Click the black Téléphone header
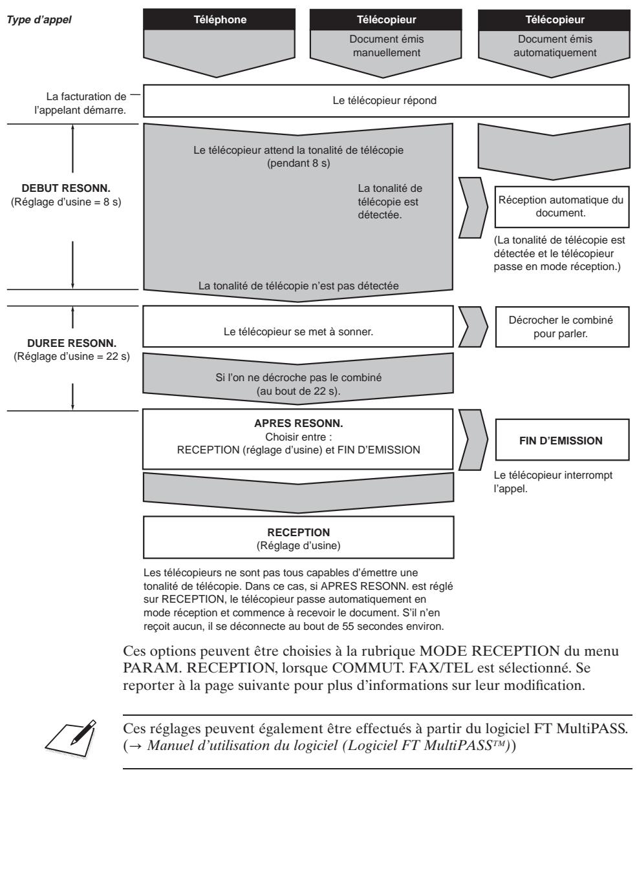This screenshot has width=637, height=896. [220, 19]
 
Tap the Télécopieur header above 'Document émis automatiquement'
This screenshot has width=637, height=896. [554, 19]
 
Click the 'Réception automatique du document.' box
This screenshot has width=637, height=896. [561, 206]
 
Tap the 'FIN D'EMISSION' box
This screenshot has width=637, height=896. [561, 441]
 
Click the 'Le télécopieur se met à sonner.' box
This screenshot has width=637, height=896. [297, 332]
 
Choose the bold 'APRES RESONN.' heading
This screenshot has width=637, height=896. [298, 426]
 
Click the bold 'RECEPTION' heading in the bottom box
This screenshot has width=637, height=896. [298, 532]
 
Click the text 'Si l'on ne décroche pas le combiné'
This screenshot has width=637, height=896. [298, 378]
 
